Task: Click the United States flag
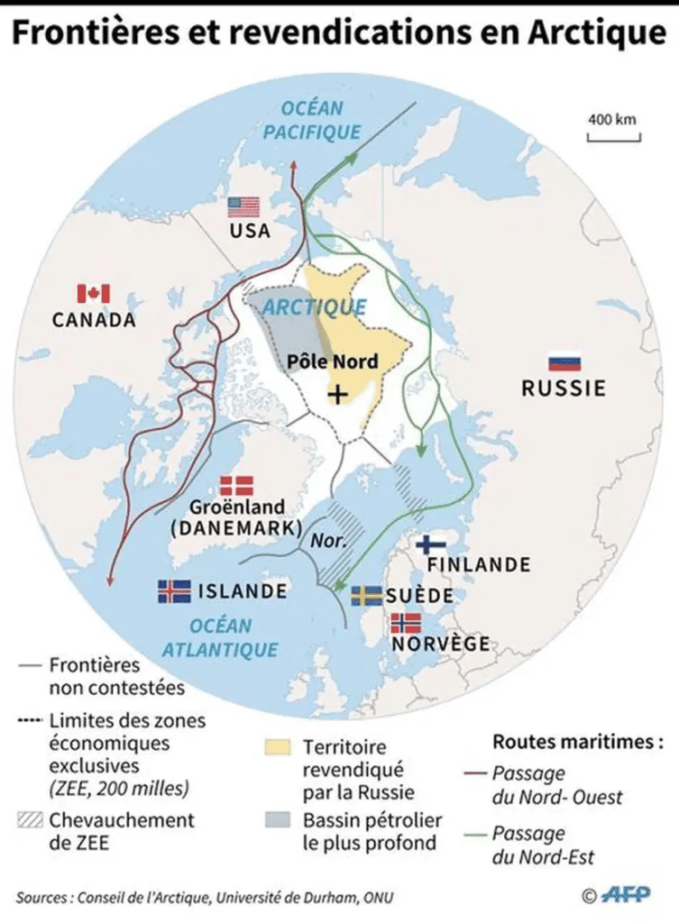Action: tap(243, 206)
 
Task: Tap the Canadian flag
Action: tap(93, 293)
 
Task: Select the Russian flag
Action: tap(564, 363)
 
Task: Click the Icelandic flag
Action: tap(174, 590)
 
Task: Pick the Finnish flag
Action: tap(432, 544)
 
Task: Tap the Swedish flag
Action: tap(365, 595)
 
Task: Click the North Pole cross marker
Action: tap(337, 393)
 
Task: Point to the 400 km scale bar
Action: tap(613, 137)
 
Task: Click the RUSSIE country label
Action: tap(564, 389)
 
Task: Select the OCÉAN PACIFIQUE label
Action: tap(313, 121)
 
